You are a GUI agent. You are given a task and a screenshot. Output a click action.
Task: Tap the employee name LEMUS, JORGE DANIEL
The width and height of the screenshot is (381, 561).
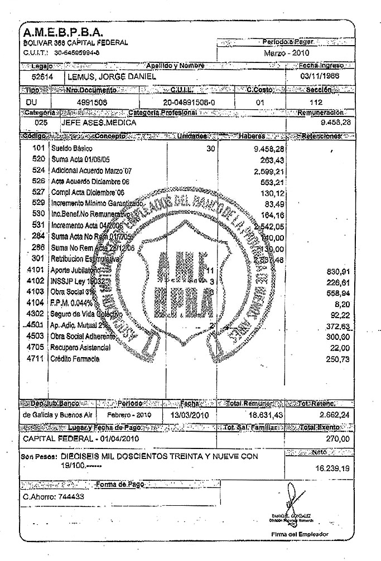tap(112, 76)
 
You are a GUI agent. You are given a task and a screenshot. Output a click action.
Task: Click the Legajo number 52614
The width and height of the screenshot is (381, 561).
tap(40, 76)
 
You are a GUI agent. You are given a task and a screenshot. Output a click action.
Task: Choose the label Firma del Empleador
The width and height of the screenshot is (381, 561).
tap(299, 534)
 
